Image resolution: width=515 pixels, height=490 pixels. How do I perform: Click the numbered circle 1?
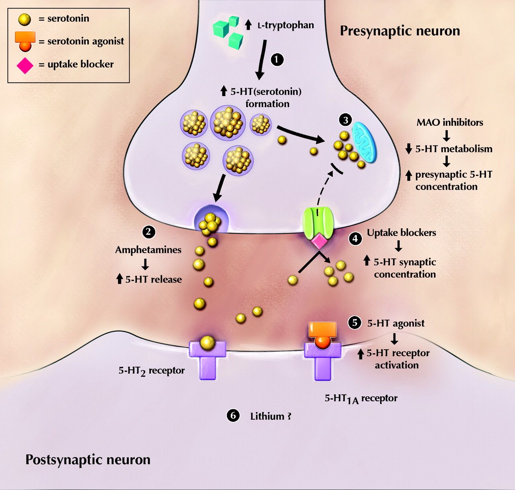[x=276, y=59]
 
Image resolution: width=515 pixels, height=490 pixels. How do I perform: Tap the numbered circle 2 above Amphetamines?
[x=149, y=232]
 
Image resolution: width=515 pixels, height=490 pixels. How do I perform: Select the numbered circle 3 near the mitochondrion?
[x=345, y=120]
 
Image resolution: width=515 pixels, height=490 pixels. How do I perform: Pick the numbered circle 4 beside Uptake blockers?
[x=355, y=239]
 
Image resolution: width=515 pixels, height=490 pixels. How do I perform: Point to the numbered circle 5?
[x=354, y=322]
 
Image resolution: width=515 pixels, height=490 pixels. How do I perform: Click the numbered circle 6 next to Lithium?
[x=233, y=415]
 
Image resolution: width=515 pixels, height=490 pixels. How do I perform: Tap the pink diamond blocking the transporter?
[x=320, y=241]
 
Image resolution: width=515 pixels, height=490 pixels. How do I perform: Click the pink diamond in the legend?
[x=25, y=65]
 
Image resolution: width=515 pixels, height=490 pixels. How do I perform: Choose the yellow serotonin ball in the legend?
[x=25, y=19]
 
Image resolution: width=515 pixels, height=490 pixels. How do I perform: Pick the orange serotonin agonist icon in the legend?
[x=25, y=41]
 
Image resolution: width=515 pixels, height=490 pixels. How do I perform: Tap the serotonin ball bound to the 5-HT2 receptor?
[x=207, y=342]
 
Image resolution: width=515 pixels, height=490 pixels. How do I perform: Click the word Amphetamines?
[x=148, y=250]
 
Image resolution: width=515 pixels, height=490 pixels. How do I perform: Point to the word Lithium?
[x=267, y=416]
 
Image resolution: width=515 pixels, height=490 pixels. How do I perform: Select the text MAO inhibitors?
[x=450, y=122]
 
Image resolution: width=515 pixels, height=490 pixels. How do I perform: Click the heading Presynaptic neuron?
[x=400, y=31]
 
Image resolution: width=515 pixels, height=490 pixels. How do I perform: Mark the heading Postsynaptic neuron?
[x=88, y=459]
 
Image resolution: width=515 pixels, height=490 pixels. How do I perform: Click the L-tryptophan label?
[x=285, y=25]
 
